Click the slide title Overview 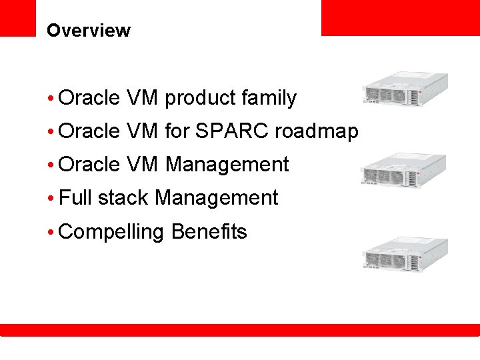[x=89, y=31]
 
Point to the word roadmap [x=316, y=132]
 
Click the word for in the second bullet [x=177, y=131]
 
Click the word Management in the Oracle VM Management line [x=227, y=165]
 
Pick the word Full [x=75, y=198]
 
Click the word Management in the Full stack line [x=216, y=198]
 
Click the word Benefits [x=209, y=231]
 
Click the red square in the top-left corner [x=17, y=17]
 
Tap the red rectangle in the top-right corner [x=400, y=17]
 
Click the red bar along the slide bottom [x=240, y=330]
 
